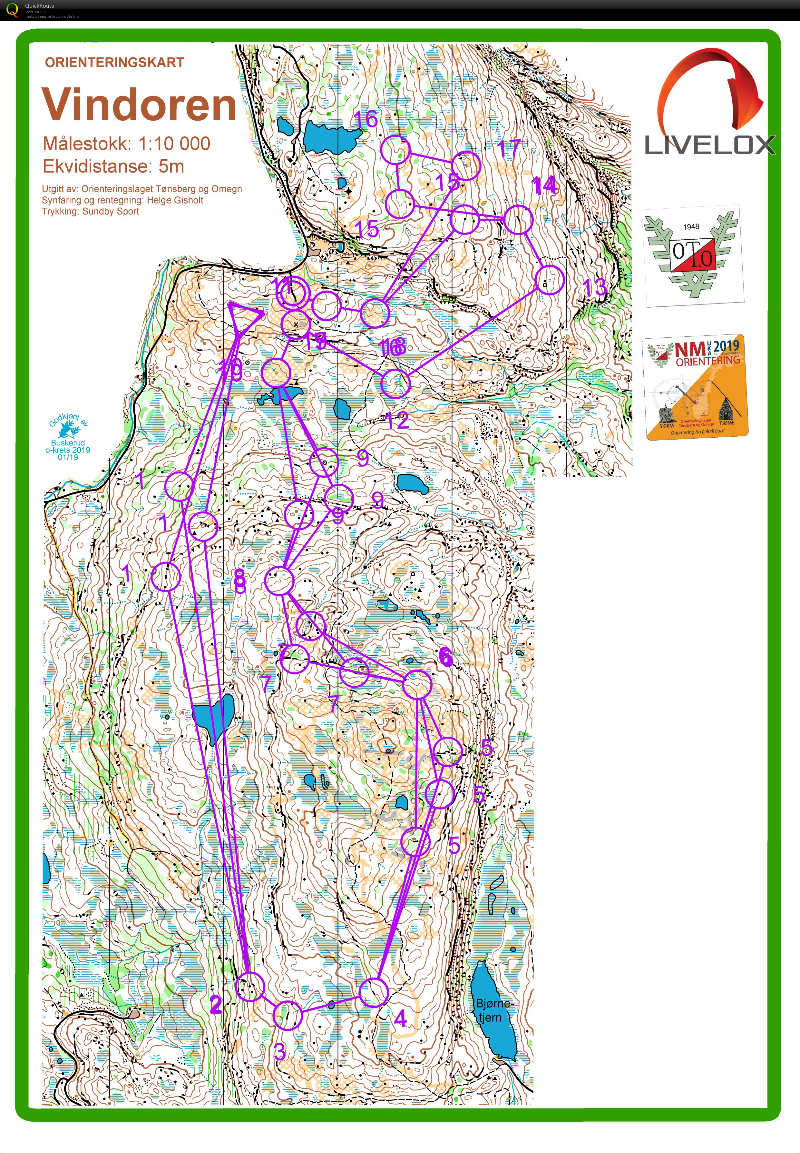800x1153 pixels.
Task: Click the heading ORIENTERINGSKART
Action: pos(114,63)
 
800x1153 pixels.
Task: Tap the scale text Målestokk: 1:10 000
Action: pos(126,144)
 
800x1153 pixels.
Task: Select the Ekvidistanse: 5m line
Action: pos(113,166)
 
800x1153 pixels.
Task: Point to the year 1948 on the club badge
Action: pos(691,227)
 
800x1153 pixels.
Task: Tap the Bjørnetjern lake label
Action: pos(493,1010)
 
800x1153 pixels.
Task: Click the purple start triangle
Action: pos(244,317)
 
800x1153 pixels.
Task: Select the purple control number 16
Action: pos(366,119)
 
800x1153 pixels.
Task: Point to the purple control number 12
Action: pos(397,420)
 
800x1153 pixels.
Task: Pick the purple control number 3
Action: pos(280,1051)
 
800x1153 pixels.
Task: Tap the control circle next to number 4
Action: pos(374,992)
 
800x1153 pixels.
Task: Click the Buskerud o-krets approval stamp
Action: pos(68,437)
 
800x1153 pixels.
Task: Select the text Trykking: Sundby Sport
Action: pos(90,211)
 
